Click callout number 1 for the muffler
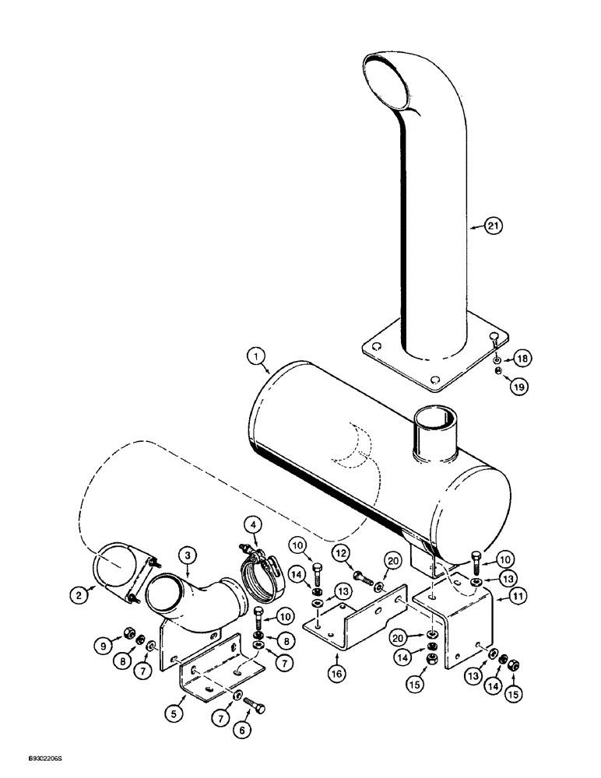click(x=254, y=357)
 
